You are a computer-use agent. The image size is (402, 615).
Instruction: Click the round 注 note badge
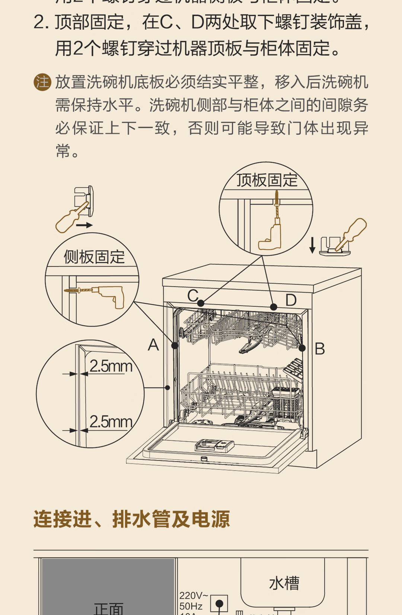coord(42,82)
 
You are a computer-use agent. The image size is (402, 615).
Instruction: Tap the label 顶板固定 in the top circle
coord(267,181)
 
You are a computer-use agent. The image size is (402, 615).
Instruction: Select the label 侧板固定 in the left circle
coord(94,257)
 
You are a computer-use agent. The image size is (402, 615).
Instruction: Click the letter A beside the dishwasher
coord(153,345)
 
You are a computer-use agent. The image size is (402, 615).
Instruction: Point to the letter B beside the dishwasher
coord(320,349)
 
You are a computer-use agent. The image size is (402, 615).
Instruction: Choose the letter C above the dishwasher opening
coord(193,296)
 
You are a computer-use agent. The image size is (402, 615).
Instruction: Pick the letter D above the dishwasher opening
coord(291,300)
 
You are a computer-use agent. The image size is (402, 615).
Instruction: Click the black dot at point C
coord(201,303)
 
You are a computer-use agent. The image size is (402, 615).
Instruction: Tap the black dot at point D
coord(274,307)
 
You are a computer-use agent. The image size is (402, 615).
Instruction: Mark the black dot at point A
coord(175,345)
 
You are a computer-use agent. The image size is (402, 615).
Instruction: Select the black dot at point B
coord(302,348)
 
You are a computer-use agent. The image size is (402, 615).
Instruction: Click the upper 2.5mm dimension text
coord(111,366)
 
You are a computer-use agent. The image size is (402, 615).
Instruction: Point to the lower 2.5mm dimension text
coord(111,422)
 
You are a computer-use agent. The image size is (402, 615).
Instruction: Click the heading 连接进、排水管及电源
coord(132,519)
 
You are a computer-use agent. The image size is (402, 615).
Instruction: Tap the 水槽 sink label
coord(284,583)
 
